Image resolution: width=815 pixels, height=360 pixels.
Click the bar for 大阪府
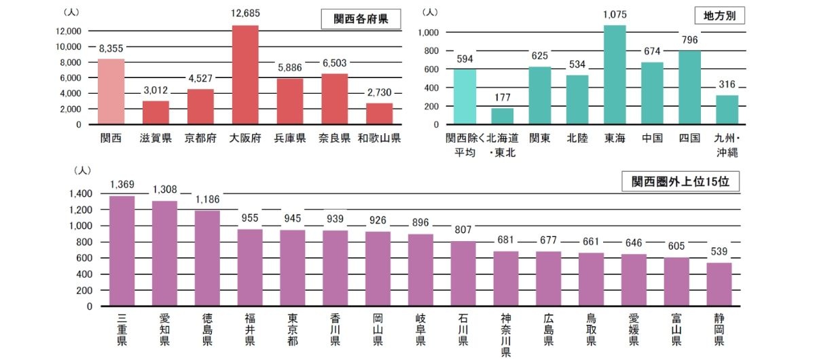pos(245,75)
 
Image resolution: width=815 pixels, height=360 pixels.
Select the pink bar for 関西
pos(111,92)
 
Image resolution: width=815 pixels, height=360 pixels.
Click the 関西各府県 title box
pos(360,18)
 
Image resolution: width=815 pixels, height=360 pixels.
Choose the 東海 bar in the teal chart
pos(615,75)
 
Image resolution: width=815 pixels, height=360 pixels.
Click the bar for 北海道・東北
pos(503,116)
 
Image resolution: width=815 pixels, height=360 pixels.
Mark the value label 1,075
pos(615,14)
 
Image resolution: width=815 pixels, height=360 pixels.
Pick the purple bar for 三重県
pos(122,251)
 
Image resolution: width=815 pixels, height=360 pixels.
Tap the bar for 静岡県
pos(719,284)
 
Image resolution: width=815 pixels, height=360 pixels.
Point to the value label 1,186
pos(207,200)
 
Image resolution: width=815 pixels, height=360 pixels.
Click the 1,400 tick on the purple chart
pos(80,194)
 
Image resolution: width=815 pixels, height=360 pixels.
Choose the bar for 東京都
pos(293,268)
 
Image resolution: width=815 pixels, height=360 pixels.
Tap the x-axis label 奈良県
pos(335,139)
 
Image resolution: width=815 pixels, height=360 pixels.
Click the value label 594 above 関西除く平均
pos(465,58)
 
